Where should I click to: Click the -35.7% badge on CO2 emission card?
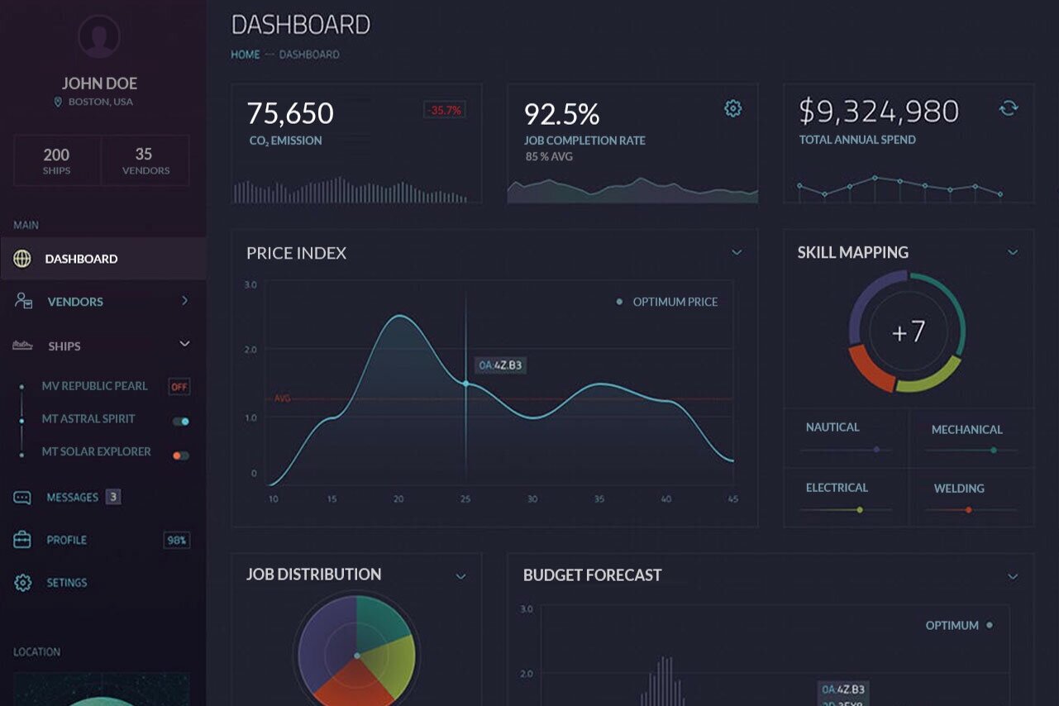pos(445,110)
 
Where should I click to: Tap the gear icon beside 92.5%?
pos(732,108)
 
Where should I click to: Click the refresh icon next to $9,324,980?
pos(1008,108)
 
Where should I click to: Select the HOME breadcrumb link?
pos(245,55)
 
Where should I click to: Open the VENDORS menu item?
pos(75,302)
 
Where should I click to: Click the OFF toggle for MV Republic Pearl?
pos(179,386)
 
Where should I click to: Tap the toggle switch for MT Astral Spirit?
pos(180,422)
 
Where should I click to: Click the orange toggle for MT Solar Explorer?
pos(180,456)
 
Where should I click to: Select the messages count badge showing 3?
pos(113,497)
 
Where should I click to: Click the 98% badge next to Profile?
pos(177,541)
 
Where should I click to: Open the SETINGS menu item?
pos(66,583)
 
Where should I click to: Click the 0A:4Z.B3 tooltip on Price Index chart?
pos(501,365)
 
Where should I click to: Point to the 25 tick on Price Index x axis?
pos(465,499)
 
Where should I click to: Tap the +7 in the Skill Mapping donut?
pos(908,332)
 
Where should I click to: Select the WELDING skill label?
pos(959,489)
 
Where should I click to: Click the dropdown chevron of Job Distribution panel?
pos(460,576)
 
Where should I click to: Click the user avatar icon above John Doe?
pos(99,37)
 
